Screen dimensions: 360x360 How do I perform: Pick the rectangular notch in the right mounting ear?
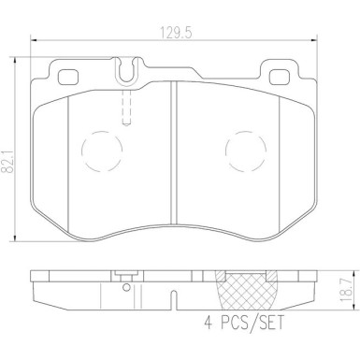pos(278,75)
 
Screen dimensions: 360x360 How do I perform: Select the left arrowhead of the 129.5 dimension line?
pos(34,40)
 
